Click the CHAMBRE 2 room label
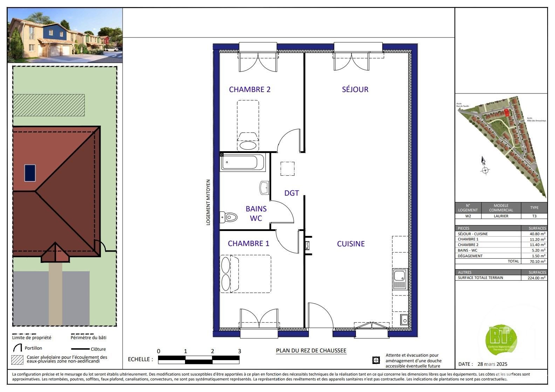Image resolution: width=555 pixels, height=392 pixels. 249,90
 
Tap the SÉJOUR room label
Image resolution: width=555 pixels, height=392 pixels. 355,90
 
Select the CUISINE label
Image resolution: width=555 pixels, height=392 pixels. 351,244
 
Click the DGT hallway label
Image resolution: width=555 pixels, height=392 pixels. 292,193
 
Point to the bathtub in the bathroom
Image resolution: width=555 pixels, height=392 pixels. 242,162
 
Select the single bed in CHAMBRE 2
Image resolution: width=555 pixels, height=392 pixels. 248,124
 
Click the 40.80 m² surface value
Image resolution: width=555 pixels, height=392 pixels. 537,234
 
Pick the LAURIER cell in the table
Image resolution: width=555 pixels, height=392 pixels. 501,216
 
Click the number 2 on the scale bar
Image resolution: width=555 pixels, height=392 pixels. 212,351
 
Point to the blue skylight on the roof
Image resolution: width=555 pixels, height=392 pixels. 30,173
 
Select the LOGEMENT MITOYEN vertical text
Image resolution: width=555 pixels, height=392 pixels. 208,202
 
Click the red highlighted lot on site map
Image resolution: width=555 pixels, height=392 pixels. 506,113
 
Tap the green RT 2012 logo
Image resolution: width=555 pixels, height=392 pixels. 501,338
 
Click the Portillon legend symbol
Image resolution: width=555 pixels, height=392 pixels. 18,348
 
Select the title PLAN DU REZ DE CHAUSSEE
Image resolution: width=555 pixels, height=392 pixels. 311,351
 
